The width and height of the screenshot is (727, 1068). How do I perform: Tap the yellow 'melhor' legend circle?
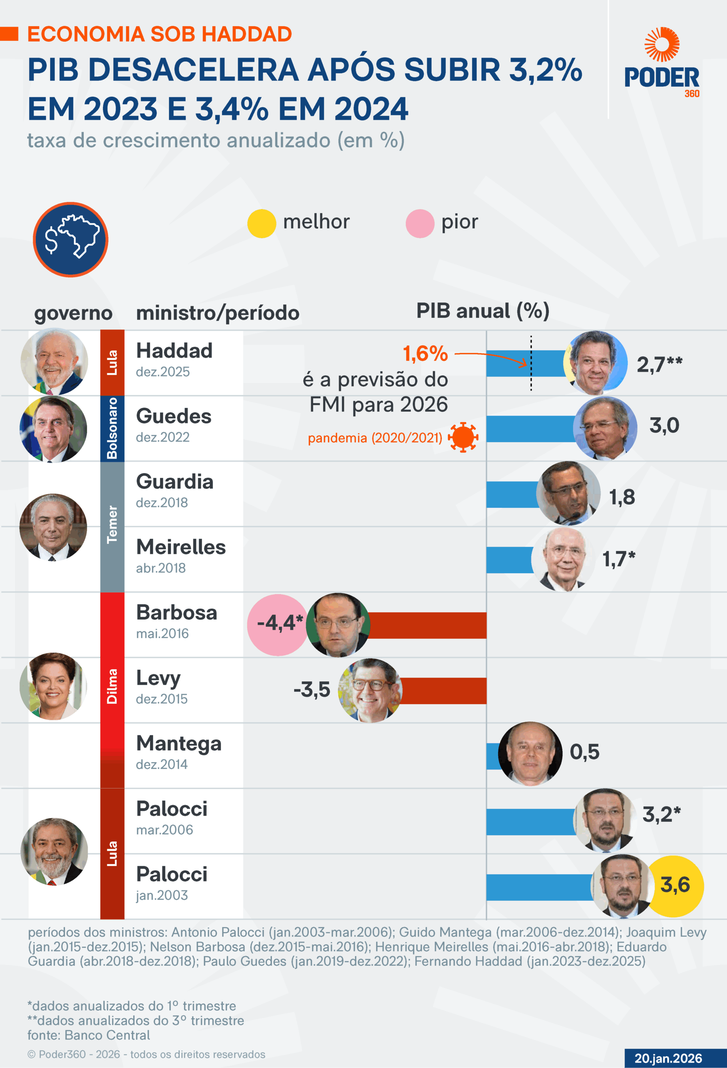click(x=262, y=223)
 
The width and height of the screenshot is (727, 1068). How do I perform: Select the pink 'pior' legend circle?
click(x=420, y=223)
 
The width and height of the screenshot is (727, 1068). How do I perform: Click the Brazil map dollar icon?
click(x=71, y=239)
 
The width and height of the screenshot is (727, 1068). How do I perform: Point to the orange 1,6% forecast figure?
click(x=425, y=353)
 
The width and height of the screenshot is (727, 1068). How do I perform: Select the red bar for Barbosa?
click(x=428, y=625)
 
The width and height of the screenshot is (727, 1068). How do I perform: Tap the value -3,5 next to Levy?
click(x=312, y=689)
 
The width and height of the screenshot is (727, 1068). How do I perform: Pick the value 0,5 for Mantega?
click(x=584, y=752)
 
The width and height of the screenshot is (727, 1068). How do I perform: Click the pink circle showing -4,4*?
click(x=277, y=624)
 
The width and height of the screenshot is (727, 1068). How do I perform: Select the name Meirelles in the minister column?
click(x=181, y=547)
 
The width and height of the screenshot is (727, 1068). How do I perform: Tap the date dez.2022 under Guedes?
click(x=163, y=437)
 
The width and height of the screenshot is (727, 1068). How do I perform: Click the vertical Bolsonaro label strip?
click(x=112, y=428)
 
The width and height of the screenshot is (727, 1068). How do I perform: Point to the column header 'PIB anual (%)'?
click(x=483, y=311)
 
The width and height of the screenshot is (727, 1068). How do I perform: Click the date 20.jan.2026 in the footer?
click(x=668, y=1058)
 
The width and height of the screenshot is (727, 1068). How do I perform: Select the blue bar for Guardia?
click(x=512, y=494)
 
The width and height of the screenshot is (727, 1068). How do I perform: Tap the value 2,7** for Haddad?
click(x=659, y=365)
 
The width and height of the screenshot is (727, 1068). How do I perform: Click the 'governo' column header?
click(x=73, y=313)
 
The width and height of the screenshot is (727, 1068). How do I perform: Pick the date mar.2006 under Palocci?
click(x=164, y=829)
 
